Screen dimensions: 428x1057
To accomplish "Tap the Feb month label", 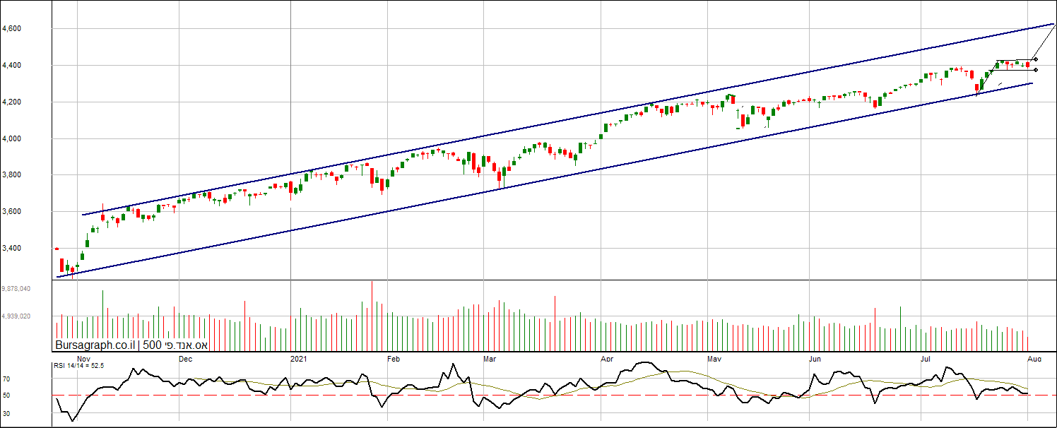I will (394, 359).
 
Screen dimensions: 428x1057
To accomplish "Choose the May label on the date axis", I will (714, 359).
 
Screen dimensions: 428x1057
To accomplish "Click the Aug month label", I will (1034, 359).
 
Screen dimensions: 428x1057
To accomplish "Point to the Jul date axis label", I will (926, 359).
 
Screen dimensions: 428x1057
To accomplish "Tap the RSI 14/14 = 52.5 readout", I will (79, 366).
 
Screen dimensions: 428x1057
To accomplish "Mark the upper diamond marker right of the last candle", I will (1035, 59).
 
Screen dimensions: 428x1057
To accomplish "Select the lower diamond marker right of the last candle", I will (1035, 70).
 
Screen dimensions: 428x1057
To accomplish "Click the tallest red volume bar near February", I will (372, 316).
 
